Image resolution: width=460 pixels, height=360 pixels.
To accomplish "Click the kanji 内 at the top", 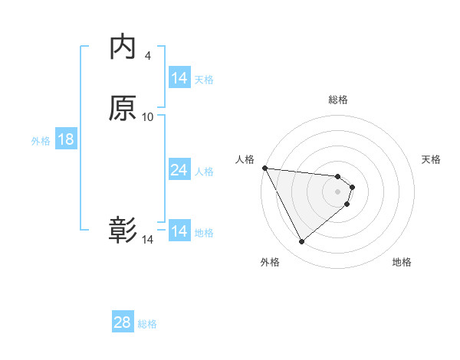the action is (x=123, y=47).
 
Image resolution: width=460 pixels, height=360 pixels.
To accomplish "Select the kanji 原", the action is (x=123, y=109).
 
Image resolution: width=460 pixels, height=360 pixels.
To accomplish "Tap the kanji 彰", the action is (x=123, y=230).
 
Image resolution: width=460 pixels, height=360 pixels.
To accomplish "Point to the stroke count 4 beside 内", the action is (x=148, y=55).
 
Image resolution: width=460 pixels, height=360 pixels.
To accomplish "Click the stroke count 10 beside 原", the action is (x=148, y=117).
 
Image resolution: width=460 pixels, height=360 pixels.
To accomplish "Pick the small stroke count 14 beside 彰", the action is (x=148, y=240).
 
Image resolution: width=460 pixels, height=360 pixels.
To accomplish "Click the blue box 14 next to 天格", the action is (x=179, y=78).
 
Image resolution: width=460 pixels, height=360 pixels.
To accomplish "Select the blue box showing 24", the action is (x=179, y=170).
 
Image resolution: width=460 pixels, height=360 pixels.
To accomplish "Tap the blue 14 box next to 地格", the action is (x=179, y=231).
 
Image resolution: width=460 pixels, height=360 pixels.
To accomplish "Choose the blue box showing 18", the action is (x=66, y=139).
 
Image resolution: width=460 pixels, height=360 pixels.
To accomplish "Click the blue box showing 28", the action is (x=123, y=322).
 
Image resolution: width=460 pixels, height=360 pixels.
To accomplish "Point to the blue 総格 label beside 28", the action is (x=147, y=324).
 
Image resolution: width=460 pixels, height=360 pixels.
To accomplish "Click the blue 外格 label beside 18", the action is (x=41, y=141).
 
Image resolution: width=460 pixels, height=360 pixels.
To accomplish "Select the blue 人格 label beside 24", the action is (x=204, y=172).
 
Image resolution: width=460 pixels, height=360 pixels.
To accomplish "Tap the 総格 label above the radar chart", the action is (x=338, y=100).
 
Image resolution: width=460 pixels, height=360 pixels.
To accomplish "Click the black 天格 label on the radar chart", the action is (x=431, y=159).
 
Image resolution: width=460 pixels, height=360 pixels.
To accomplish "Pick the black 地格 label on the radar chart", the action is (x=402, y=263).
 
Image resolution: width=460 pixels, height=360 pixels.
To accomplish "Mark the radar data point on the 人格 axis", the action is (x=264, y=168).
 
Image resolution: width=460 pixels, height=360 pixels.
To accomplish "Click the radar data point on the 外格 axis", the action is (x=301, y=242).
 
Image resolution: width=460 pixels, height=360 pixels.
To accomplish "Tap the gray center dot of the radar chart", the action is (x=338, y=191).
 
